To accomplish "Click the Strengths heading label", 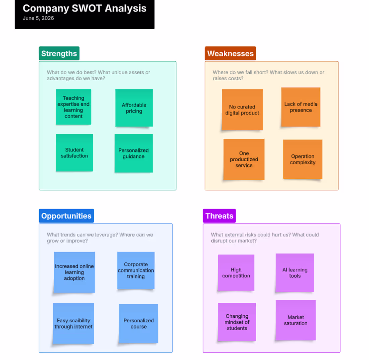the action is pyautogui.click(x=59, y=53).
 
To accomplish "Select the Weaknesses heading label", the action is pyautogui.click(x=230, y=53).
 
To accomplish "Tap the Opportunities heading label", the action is pyautogui.click(x=66, y=216).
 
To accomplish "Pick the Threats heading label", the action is pyautogui.click(x=219, y=216).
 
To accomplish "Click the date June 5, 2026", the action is pyautogui.click(x=38, y=18).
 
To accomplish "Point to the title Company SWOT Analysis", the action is pyautogui.click(x=85, y=8).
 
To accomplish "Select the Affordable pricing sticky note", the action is pyautogui.click(x=134, y=108).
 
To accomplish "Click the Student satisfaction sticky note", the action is pyautogui.click(x=74, y=153).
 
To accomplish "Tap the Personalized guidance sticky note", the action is pyautogui.click(x=134, y=153).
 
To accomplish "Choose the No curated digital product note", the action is pyautogui.click(x=242, y=110).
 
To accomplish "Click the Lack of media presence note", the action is pyautogui.click(x=301, y=107).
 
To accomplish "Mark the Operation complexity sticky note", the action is pyautogui.click(x=303, y=159).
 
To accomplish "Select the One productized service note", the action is pyautogui.click(x=244, y=159).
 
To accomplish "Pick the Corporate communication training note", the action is pyautogui.click(x=136, y=270).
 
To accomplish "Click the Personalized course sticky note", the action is pyautogui.click(x=139, y=323).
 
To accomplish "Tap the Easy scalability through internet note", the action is pyautogui.click(x=73, y=323).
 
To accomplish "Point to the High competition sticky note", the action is pyautogui.click(x=236, y=273).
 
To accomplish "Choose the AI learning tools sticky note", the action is pyautogui.click(x=295, y=273).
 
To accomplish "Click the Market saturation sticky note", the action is pyautogui.click(x=296, y=320).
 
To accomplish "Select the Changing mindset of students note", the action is pyautogui.click(x=237, y=322).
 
